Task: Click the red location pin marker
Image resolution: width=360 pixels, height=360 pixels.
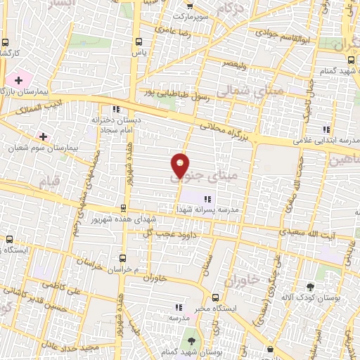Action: [181, 166]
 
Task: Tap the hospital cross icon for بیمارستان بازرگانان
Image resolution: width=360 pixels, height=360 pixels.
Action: [18, 81]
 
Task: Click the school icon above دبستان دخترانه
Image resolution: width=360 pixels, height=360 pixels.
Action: [116, 109]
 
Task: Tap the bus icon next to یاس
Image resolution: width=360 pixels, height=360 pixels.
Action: [139, 41]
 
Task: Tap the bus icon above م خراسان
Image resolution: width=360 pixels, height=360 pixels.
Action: [123, 257]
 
